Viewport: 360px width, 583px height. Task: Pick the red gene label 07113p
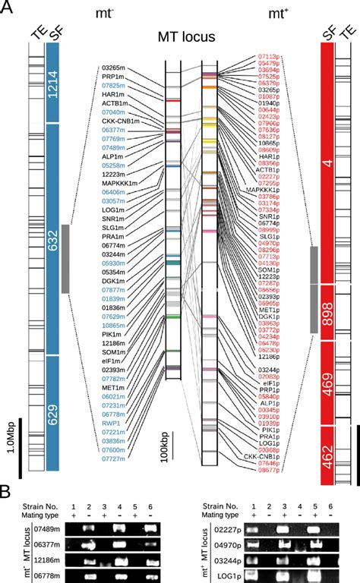[x=270, y=55]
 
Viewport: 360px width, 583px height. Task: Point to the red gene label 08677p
[x=270, y=471]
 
